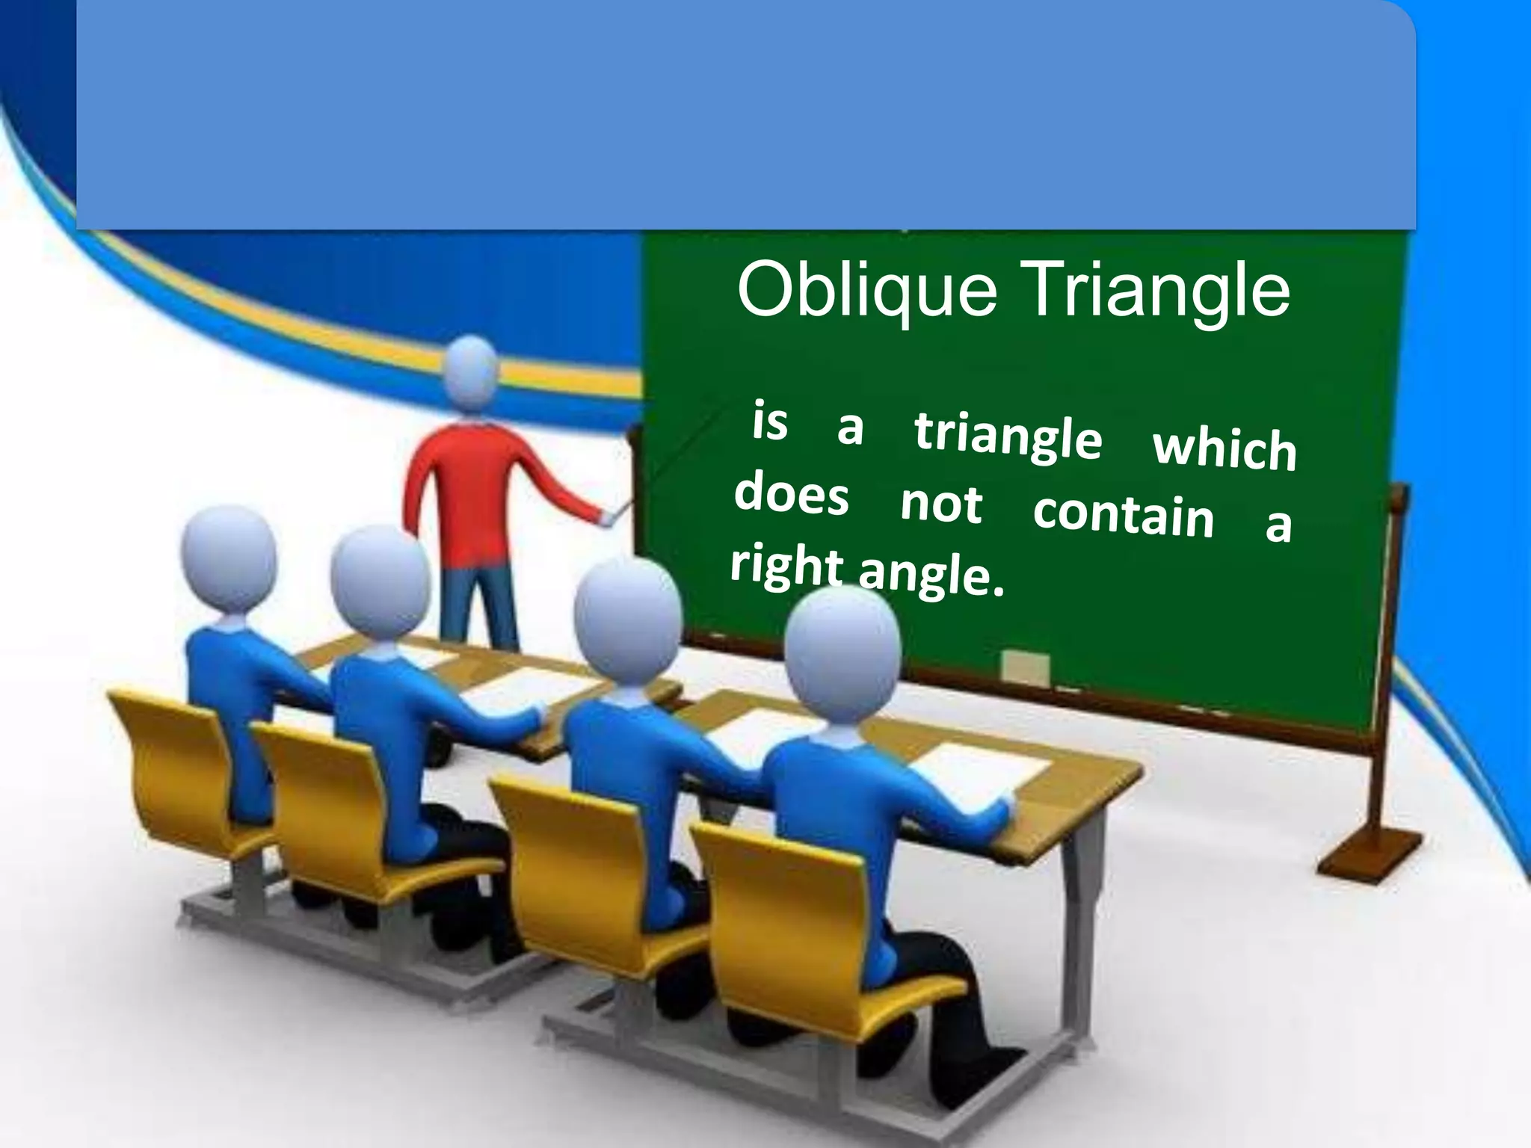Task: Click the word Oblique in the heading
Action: tap(867, 293)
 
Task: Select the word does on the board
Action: tap(792, 496)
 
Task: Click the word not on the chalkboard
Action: tap(940, 504)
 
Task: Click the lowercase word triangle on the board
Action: tap(1008, 436)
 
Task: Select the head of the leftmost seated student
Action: tap(229, 553)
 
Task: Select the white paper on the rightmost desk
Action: tap(979, 770)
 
